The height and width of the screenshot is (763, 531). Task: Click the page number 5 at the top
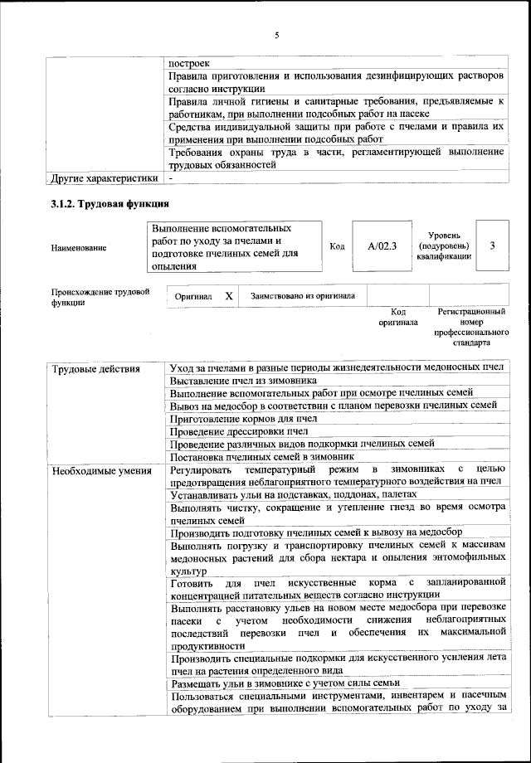276,35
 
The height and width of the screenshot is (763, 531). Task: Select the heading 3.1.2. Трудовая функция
110,203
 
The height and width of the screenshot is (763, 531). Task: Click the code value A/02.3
382,246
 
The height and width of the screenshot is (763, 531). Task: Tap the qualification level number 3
493,245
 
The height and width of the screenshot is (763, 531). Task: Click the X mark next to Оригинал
229,295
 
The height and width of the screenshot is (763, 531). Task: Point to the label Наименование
79,247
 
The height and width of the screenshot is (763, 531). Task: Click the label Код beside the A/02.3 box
337,246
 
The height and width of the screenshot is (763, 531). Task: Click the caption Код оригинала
398,317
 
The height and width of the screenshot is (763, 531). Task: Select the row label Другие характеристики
104,177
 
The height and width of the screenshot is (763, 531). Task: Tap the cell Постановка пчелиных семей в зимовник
262,456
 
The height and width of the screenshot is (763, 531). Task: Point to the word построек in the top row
188,63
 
